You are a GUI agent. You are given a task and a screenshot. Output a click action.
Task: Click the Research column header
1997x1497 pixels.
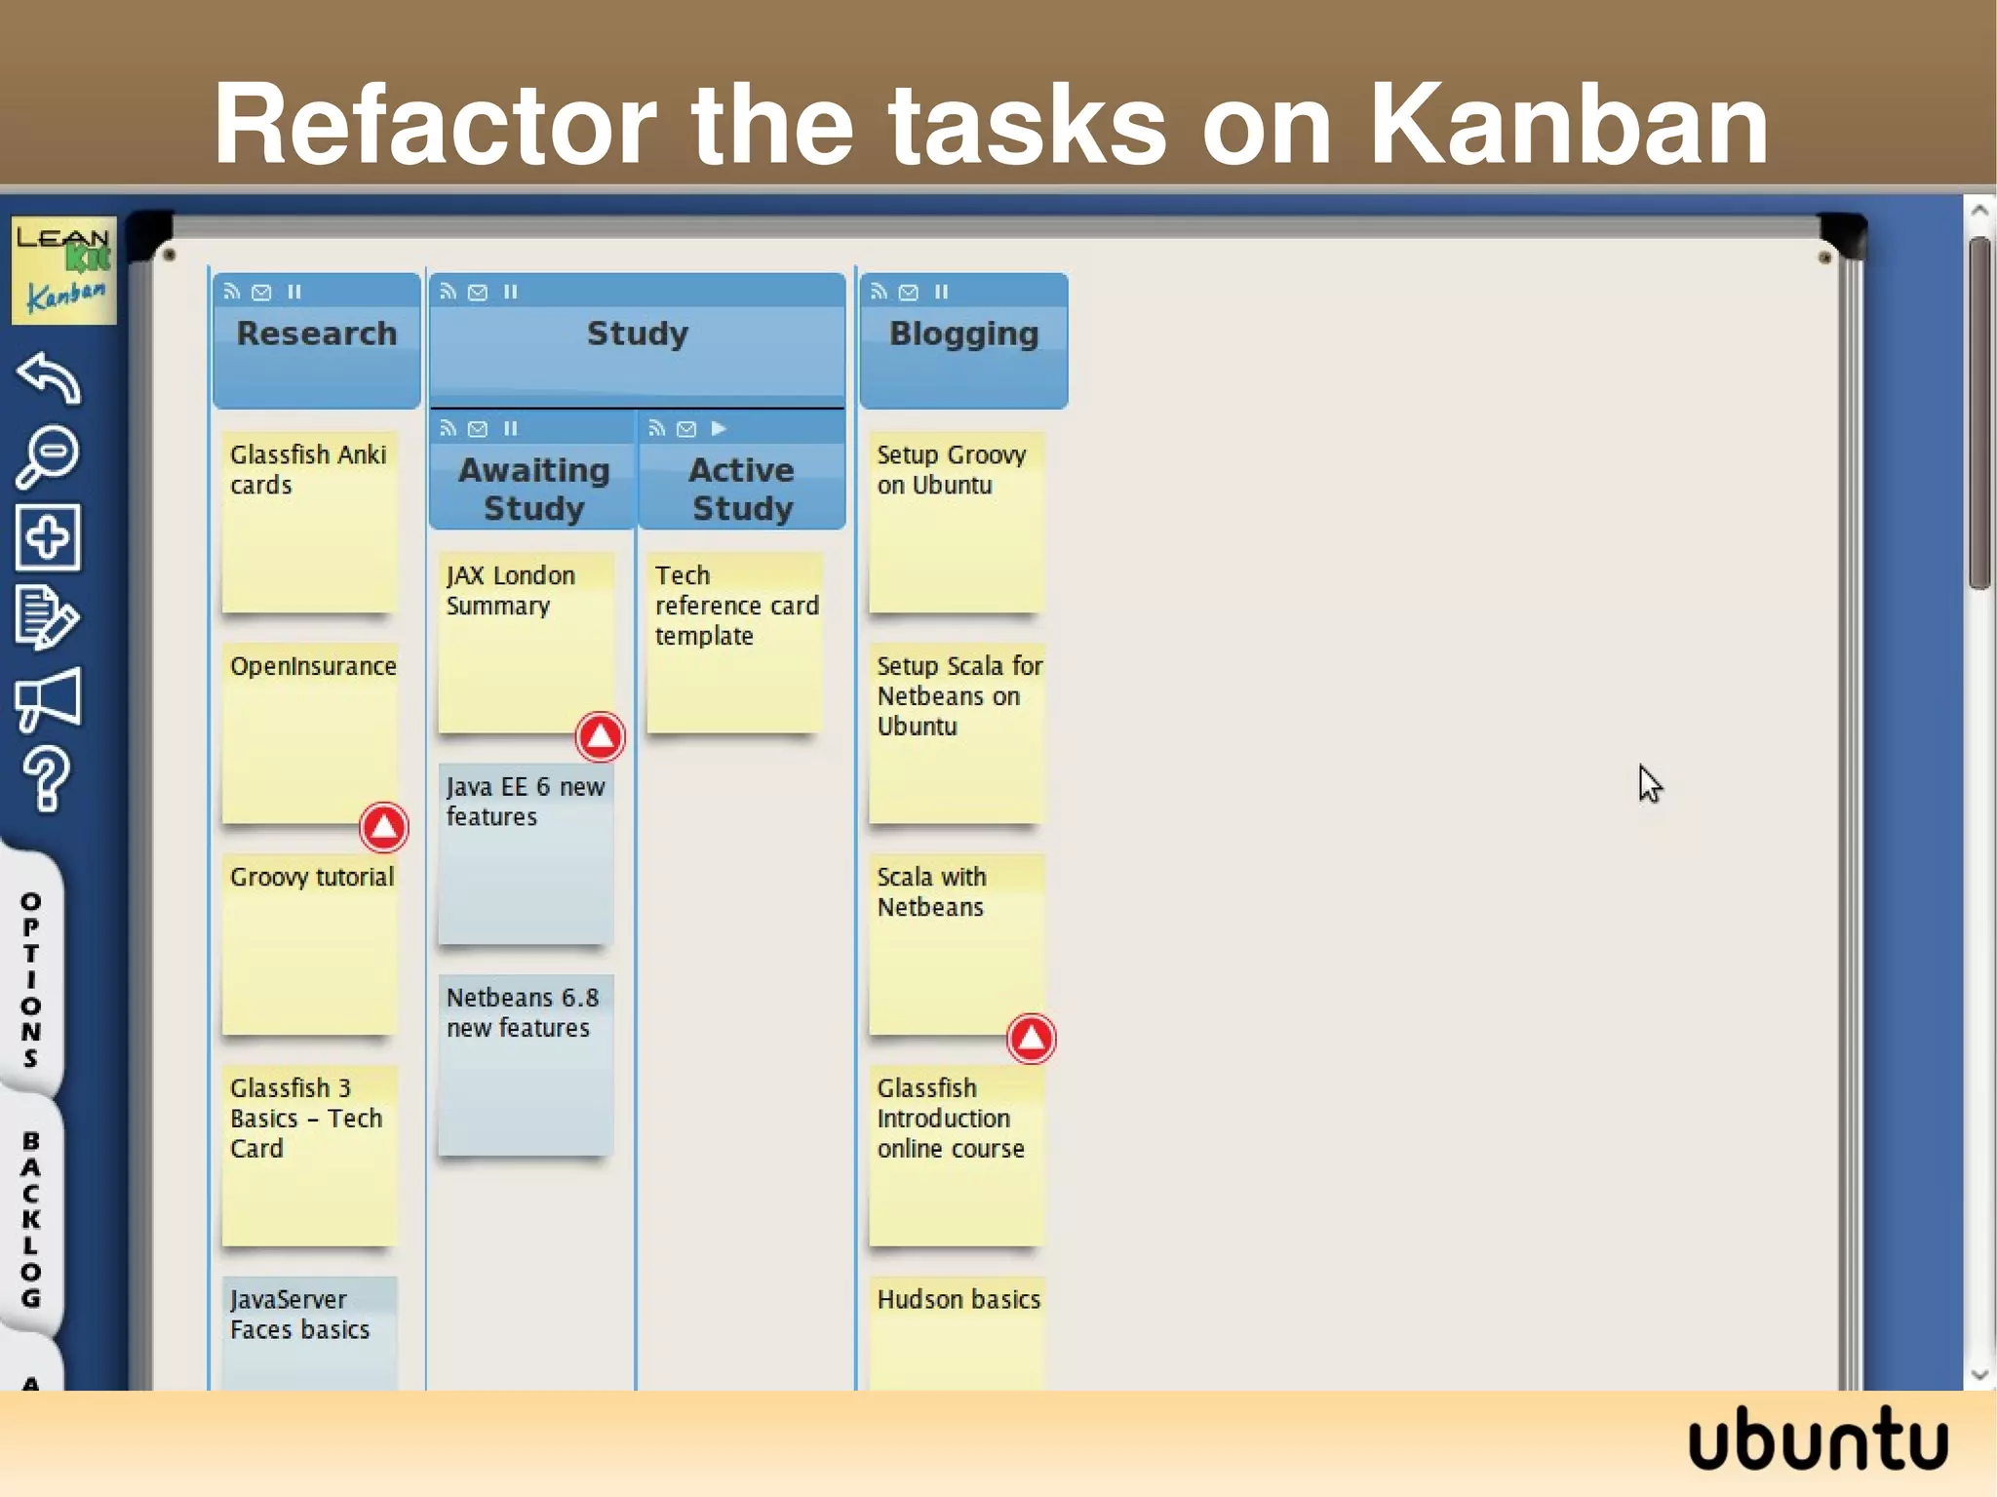[x=317, y=335]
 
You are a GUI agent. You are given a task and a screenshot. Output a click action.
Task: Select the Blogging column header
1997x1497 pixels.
[x=963, y=335]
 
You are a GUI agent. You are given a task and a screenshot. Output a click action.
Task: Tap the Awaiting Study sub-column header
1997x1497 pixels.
[x=533, y=489]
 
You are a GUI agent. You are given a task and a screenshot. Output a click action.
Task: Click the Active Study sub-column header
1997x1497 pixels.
[x=742, y=489]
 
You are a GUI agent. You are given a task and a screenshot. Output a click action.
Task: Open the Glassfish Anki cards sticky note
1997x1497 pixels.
[x=309, y=522]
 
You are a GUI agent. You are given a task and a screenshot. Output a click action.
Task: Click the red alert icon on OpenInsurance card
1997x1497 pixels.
[x=383, y=827]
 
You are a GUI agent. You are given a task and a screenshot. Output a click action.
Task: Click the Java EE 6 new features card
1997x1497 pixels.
[x=526, y=853]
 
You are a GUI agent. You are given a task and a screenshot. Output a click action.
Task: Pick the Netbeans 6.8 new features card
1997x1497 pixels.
[x=526, y=1064]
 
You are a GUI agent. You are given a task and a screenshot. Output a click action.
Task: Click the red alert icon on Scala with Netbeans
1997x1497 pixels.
[x=1031, y=1039]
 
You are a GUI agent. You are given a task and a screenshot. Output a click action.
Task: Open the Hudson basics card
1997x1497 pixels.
[x=957, y=1331]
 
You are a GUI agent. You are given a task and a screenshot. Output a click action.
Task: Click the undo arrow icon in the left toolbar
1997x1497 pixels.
[x=48, y=377]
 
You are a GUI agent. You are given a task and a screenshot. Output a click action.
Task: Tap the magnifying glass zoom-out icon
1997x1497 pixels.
[x=48, y=455]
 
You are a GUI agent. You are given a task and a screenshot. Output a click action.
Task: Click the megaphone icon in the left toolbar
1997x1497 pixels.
[x=48, y=698]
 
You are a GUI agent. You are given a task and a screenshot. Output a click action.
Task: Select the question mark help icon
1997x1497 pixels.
[x=46, y=778]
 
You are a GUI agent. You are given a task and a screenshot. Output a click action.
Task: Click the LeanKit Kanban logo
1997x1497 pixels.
[x=63, y=270]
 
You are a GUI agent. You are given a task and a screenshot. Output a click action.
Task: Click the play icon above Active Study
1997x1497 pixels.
[x=719, y=428]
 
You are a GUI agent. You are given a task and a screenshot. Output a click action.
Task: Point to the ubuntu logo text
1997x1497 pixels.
[x=1818, y=1439]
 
